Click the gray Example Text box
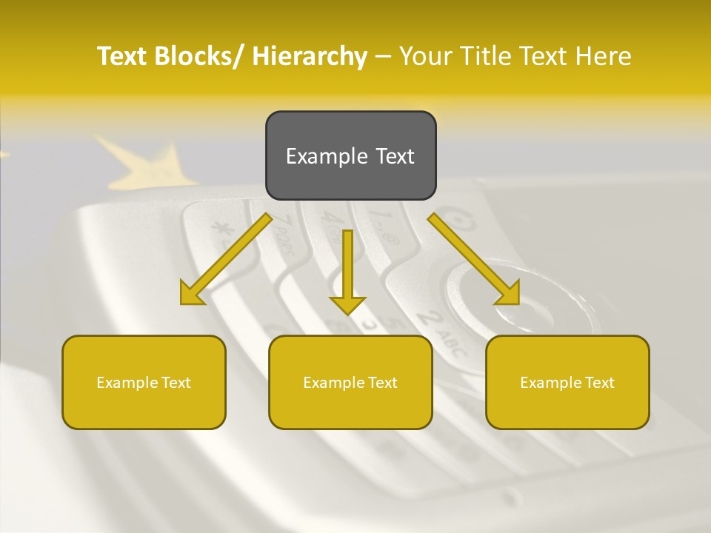350,155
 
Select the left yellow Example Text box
144,382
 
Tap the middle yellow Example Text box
350,382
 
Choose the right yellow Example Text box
567,382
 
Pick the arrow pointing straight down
347,266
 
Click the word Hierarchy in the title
310,56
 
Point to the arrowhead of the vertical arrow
347,304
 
